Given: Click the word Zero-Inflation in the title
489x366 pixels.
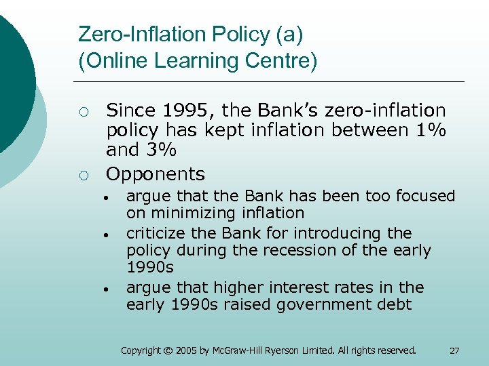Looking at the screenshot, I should coord(134,33).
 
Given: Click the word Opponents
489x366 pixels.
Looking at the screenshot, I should coord(156,174).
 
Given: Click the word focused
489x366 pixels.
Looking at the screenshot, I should coord(427,197).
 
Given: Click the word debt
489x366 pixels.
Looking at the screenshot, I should coord(396,304).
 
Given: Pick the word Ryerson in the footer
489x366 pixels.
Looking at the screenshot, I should coord(280,350).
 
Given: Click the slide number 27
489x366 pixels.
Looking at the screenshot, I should coord(454,350).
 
